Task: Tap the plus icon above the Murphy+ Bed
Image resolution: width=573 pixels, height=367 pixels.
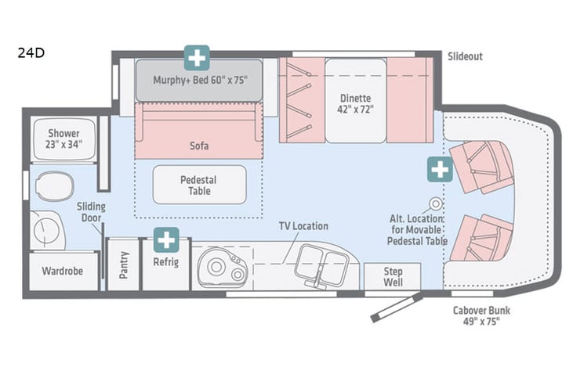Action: coord(197,57)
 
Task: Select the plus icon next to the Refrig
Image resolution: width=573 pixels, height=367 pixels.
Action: coord(165,239)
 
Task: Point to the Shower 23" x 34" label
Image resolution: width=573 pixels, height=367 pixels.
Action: coord(63,139)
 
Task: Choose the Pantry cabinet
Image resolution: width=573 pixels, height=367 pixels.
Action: coord(123,264)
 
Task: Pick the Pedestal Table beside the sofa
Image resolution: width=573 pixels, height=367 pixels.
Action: coord(198,185)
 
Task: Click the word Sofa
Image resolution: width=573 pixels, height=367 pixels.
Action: coord(199,146)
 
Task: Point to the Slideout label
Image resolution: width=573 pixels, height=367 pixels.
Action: coord(466,57)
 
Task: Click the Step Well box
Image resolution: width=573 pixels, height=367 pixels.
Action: coord(393,276)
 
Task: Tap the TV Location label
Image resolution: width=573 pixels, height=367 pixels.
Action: coord(303,226)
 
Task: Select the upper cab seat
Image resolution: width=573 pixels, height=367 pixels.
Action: coord(480,165)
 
